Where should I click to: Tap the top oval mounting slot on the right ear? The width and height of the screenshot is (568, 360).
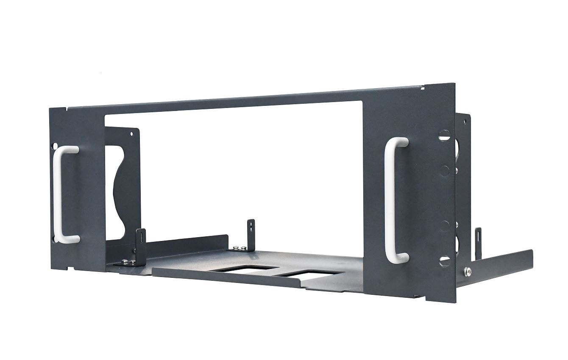(x=443, y=136)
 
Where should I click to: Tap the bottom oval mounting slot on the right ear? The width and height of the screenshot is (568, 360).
(x=444, y=259)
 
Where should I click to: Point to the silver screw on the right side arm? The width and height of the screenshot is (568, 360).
(x=467, y=270)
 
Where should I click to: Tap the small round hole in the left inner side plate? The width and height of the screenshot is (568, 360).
(x=131, y=134)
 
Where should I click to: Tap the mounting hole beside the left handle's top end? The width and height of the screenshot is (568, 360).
(x=54, y=147)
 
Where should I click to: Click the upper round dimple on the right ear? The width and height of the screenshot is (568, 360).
(x=444, y=171)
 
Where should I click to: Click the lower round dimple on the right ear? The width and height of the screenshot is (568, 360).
(x=444, y=226)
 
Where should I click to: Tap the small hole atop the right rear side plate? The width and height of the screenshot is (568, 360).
(x=465, y=122)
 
